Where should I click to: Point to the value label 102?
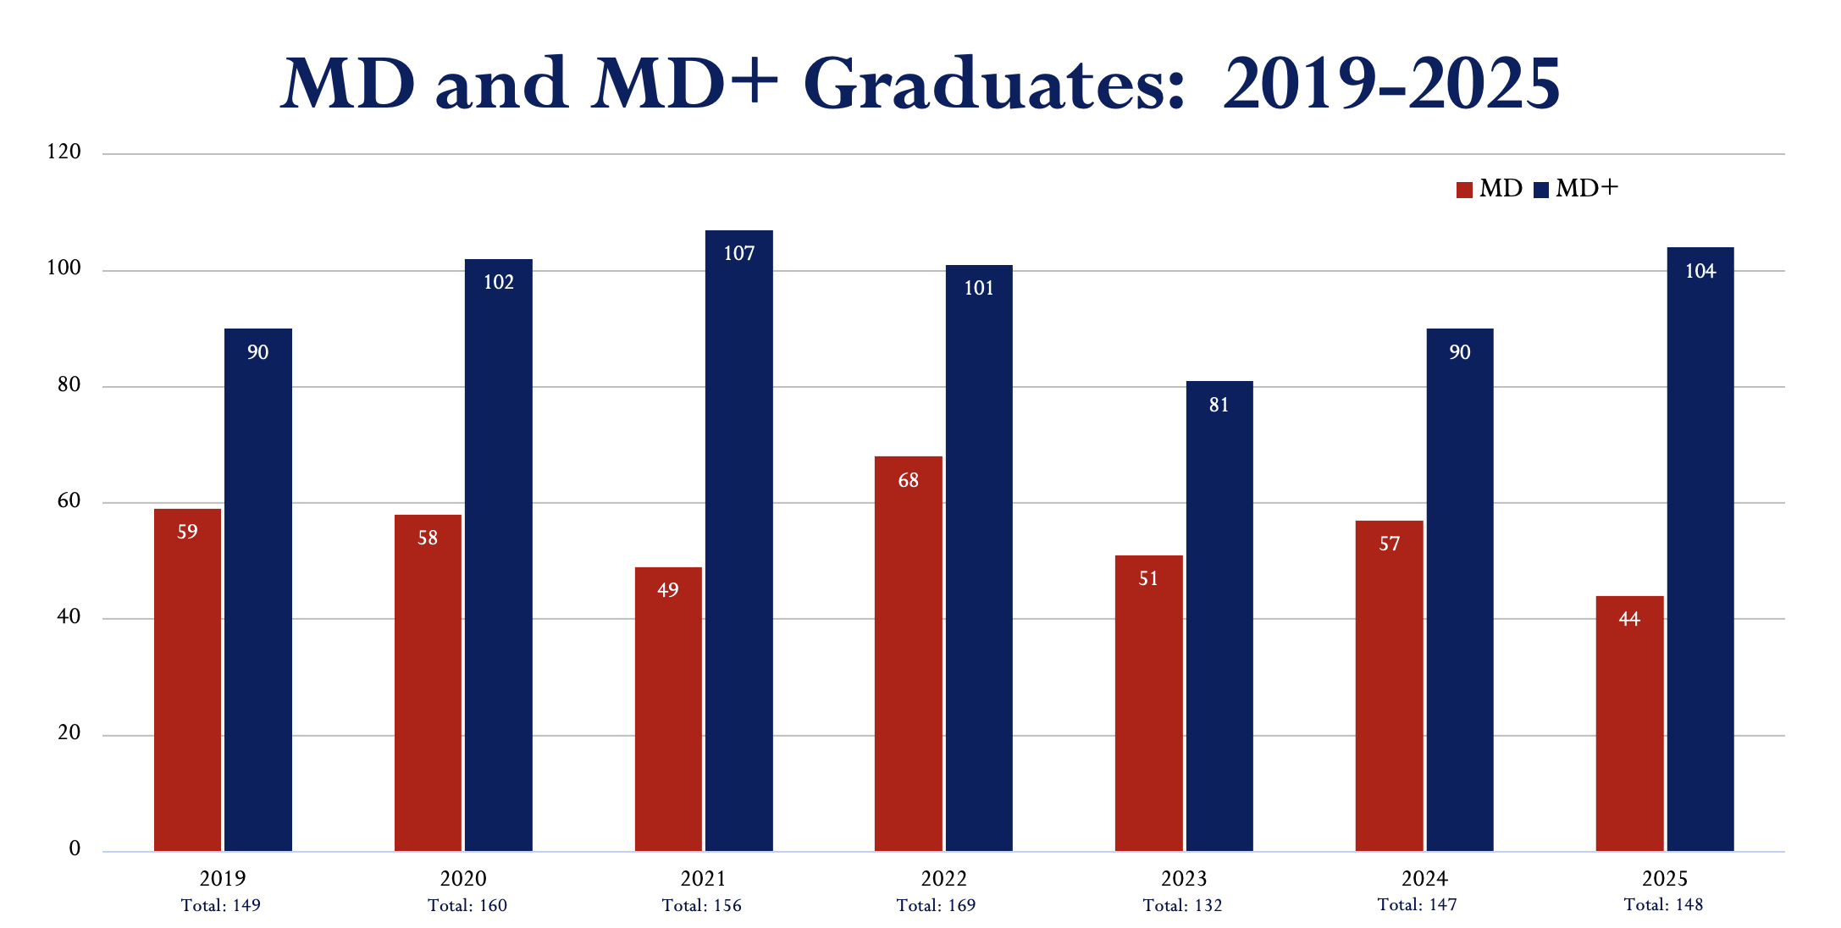499,282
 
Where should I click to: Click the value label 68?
908,481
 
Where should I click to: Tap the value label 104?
1700,272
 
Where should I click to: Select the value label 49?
667,590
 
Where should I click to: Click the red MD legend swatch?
1464,190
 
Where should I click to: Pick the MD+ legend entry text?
1586,189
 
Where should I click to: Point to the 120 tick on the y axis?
64,152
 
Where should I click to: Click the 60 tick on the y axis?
69,501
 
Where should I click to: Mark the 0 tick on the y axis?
75,849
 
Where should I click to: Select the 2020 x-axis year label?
463,879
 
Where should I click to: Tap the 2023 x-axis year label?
1184,879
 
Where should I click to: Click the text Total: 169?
936,906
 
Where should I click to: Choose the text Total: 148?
1663,905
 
